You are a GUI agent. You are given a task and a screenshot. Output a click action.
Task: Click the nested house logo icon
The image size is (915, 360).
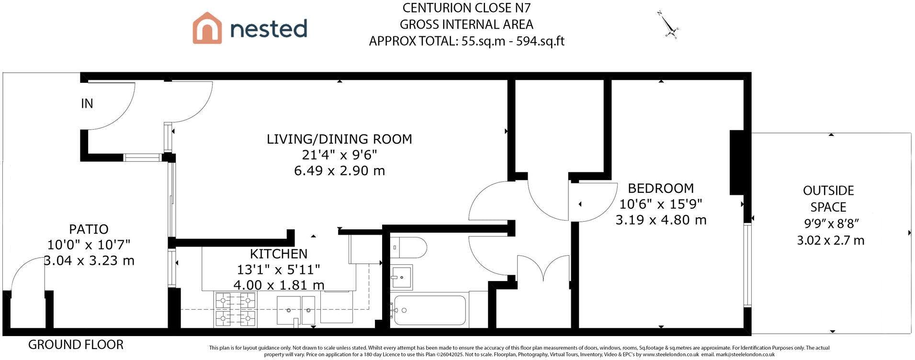(207, 28)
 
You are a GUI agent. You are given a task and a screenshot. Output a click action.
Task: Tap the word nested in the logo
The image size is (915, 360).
(269, 28)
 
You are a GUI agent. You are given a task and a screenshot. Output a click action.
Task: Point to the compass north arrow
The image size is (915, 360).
(668, 24)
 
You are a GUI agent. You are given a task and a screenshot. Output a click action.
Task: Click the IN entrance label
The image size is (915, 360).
(87, 103)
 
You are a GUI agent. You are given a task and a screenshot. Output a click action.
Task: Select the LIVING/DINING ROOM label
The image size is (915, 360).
(339, 139)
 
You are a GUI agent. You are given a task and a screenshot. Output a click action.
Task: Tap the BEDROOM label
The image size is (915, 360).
(661, 188)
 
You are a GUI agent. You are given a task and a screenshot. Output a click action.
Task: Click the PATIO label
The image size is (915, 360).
(89, 229)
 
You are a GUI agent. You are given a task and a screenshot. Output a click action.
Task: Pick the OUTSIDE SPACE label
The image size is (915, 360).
(828, 199)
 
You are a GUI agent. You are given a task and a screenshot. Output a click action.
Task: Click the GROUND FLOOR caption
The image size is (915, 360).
(76, 345)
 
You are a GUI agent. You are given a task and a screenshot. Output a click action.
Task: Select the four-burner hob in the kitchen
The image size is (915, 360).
(236, 310)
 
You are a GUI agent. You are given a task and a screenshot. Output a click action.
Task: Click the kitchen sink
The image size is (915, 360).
(296, 310)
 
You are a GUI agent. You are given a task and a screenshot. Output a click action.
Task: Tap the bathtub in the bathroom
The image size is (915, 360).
(429, 310)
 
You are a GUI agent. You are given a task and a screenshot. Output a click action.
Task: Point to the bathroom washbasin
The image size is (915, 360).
(401, 277)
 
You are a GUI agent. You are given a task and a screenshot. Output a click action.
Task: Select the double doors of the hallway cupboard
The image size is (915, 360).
(543, 269)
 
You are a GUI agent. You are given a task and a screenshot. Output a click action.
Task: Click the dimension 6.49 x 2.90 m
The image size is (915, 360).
(339, 171)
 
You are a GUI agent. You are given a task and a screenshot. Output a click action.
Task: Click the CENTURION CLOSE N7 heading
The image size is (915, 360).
(466, 8)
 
